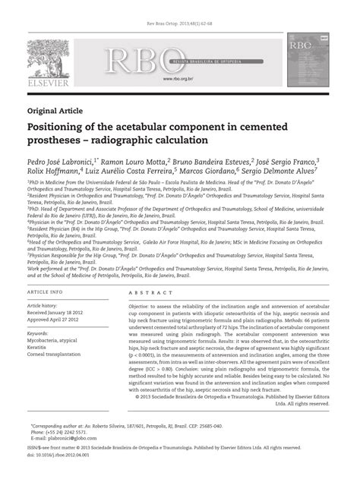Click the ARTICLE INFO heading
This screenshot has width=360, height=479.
pos(46,292)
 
